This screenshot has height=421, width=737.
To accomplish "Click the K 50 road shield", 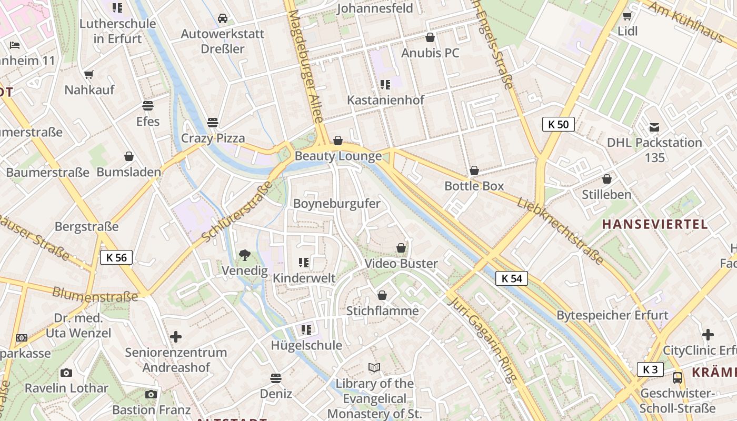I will [x=558, y=125].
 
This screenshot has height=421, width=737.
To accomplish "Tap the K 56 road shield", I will [x=116, y=257].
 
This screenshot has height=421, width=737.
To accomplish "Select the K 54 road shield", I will [x=511, y=278].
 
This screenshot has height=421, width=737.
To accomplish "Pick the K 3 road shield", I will [x=650, y=369].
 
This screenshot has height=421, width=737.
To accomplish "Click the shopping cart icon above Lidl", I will [x=627, y=16].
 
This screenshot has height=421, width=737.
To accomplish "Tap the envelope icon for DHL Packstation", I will [x=654, y=127].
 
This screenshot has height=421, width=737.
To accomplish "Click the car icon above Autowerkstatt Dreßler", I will [x=223, y=18].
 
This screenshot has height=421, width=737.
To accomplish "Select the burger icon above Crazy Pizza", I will [x=213, y=123].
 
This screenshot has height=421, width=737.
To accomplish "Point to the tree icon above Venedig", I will [x=244, y=255].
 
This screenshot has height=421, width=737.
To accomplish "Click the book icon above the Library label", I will [x=374, y=367].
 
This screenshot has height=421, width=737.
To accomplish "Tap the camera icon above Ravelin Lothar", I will [x=66, y=373].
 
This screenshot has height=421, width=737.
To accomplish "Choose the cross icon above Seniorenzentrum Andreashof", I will [x=176, y=336].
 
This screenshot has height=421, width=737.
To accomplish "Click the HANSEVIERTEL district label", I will [x=655, y=225].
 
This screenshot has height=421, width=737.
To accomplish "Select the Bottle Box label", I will [x=474, y=186].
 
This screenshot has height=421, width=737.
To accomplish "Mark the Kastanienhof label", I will [x=385, y=99].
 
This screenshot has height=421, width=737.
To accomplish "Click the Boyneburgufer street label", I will [x=336, y=204].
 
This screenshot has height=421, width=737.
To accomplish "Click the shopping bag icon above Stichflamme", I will [x=382, y=295].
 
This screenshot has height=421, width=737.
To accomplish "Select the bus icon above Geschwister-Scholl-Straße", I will [x=678, y=377].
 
